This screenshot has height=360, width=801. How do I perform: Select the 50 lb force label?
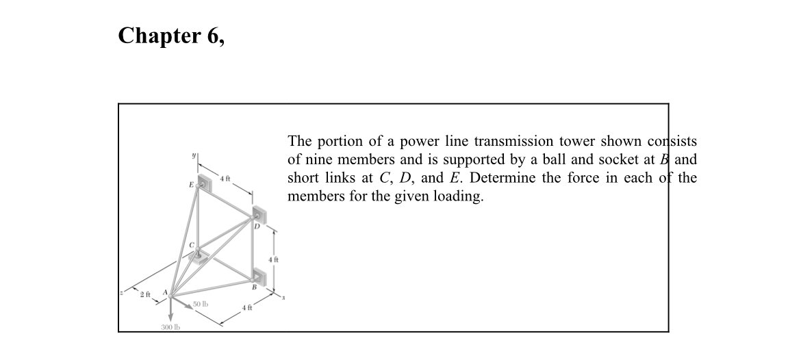click(201, 303)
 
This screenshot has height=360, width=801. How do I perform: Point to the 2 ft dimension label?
click(144, 295)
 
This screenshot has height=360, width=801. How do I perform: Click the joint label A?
click(165, 290)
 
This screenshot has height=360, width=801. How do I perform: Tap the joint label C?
click(192, 244)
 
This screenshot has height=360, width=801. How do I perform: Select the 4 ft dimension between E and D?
click(225, 179)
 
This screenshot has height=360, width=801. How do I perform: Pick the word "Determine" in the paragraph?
click(503, 179)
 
